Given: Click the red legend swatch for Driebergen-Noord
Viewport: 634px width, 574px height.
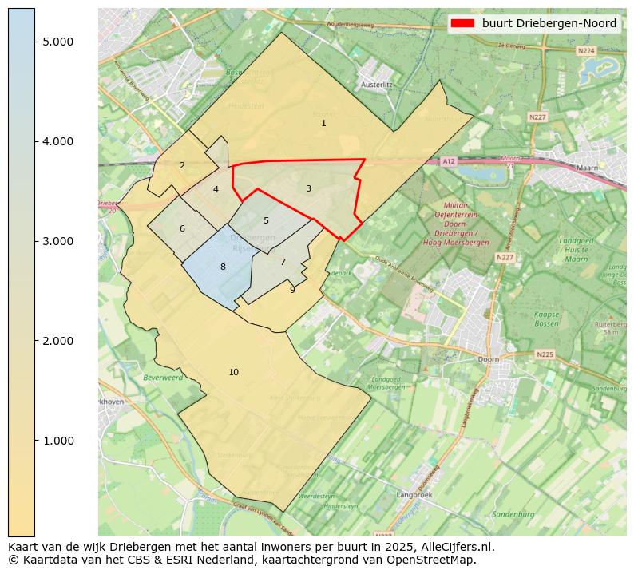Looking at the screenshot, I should [462, 24].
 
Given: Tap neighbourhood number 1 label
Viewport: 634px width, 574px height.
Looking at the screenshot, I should [323, 123].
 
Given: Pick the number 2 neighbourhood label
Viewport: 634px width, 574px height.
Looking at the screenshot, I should [182, 165].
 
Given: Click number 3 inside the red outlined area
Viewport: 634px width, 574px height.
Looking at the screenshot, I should [308, 188].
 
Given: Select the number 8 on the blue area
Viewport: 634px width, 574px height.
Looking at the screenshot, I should [223, 267].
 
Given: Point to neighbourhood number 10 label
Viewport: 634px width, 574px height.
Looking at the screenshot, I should [233, 372].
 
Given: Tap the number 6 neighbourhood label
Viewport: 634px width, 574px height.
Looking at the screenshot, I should [182, 228].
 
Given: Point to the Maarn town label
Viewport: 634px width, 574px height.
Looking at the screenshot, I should [587, 168].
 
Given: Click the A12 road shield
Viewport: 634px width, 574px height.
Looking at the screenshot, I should [449, 161].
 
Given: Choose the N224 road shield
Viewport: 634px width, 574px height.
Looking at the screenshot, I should [586, 50].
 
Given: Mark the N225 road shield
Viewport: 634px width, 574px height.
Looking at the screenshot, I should [545, 354].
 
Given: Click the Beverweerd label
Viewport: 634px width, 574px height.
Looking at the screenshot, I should [163, 377].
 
